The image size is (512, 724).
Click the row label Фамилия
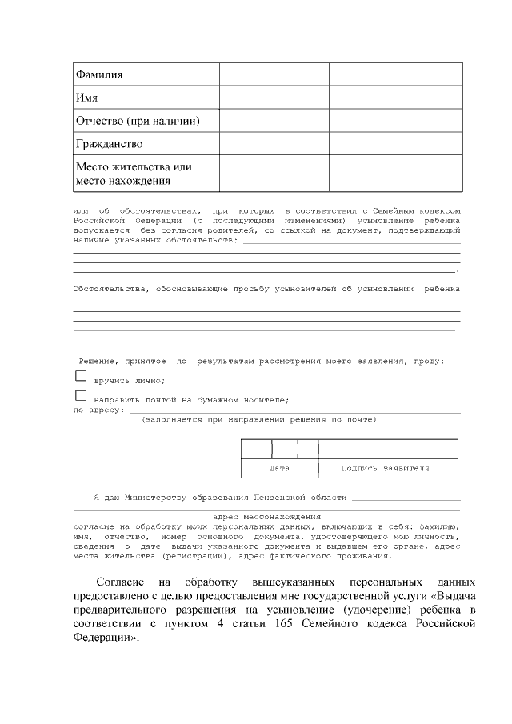click(x=99, y=74)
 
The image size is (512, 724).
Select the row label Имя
click(x=86, y=98)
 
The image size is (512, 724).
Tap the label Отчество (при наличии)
click(x=137, y=121)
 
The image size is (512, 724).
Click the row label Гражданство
click(x=109, y=144)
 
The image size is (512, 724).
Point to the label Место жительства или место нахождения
click(x=134, y=174)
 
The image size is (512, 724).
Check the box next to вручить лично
click(x=80, y=375)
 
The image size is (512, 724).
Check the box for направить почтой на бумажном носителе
click(x=80, y=395)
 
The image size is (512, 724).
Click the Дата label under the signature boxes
click(x=279, y=468)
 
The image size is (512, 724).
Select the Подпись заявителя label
click(x=385, y=468)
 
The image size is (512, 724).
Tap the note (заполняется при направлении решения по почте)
click(x=258, y=419)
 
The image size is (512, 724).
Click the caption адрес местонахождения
click(x=266, y=517)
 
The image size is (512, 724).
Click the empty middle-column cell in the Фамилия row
click(x=274, y=74)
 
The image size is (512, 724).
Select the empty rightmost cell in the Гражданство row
click(x=396, y=144)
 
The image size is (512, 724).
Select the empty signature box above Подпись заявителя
click(x=388, y=448)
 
